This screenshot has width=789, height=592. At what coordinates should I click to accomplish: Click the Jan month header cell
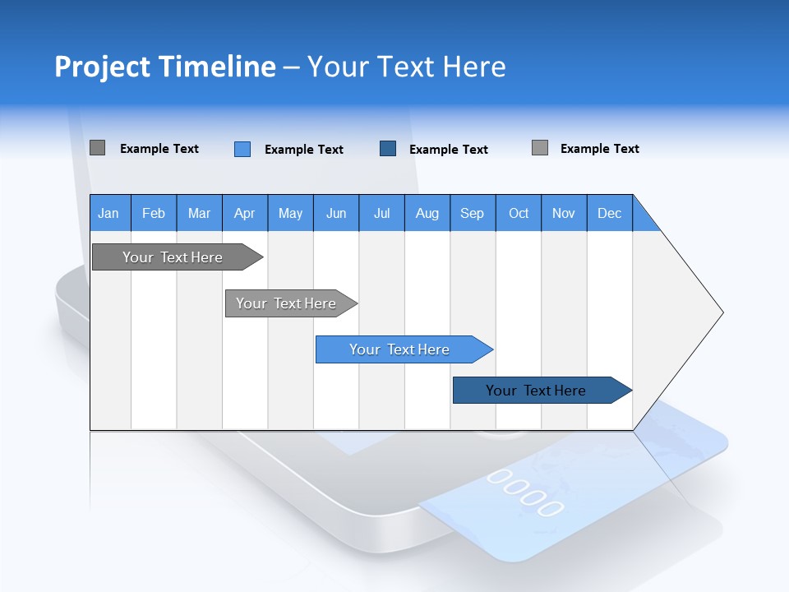click(x=109, y=214)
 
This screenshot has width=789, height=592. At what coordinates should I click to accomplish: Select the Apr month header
click(x=245, y=214)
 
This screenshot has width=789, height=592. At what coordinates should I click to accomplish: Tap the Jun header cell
click(x=336, y=214)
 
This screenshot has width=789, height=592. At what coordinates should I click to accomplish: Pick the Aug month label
click(x=427, y=214)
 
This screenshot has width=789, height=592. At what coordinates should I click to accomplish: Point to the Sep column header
click(x=473, y=214)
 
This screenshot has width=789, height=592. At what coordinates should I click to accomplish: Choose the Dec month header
click(x=610, y=214)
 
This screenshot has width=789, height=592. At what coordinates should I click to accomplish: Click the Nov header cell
click(x=564, y=214)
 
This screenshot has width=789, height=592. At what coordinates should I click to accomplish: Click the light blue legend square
click(x=242, y=149)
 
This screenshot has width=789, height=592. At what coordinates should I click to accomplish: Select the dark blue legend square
click(x=388, y=148)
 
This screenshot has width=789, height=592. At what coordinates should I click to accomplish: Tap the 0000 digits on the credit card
click(x=526, y=492)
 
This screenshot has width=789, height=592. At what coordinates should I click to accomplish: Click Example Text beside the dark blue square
click(x=449, y=150)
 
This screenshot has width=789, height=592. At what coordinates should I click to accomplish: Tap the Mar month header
click(x=199, y=214)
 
